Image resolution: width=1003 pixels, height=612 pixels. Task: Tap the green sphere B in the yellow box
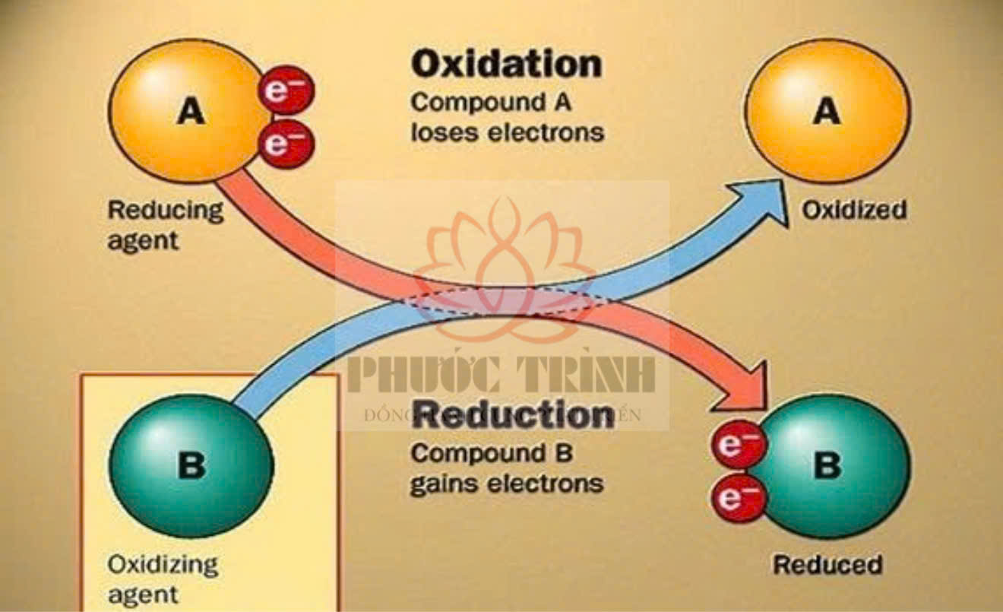point(191,465)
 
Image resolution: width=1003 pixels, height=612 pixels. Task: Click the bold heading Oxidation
point(506,65)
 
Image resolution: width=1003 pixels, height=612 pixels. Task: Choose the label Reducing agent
point(165,224)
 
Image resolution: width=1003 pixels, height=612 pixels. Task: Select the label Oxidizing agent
point(162,579)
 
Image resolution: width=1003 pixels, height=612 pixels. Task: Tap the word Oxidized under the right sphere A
point(854,210)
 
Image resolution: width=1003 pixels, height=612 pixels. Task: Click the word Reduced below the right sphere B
point(827,565)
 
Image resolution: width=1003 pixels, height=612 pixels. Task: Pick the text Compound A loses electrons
point(507,116)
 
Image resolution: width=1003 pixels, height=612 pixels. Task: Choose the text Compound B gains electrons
point(507,468)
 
